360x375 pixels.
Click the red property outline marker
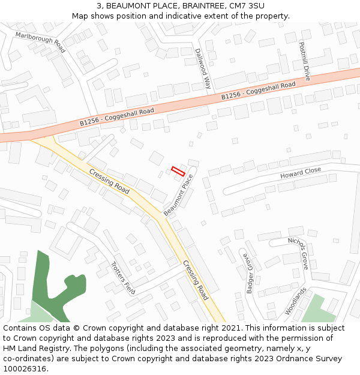(x=178, y=171)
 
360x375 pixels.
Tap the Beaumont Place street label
(x=179, y=195)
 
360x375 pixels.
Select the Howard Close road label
(x=301, y=173)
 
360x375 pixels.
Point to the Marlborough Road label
(x=41, y=43)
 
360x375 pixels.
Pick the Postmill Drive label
(x=305, y=61)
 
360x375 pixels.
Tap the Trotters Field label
(x=123, y=277)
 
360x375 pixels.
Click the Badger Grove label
(x=249, y=273)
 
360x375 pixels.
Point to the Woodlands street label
(x=296, y=301)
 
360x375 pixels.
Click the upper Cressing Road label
(x=109, y=181)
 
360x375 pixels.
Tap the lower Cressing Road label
(x=196, y=280)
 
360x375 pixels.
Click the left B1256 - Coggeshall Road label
(x=117, y=116)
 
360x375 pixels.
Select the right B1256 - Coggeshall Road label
(x=258, y=91)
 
